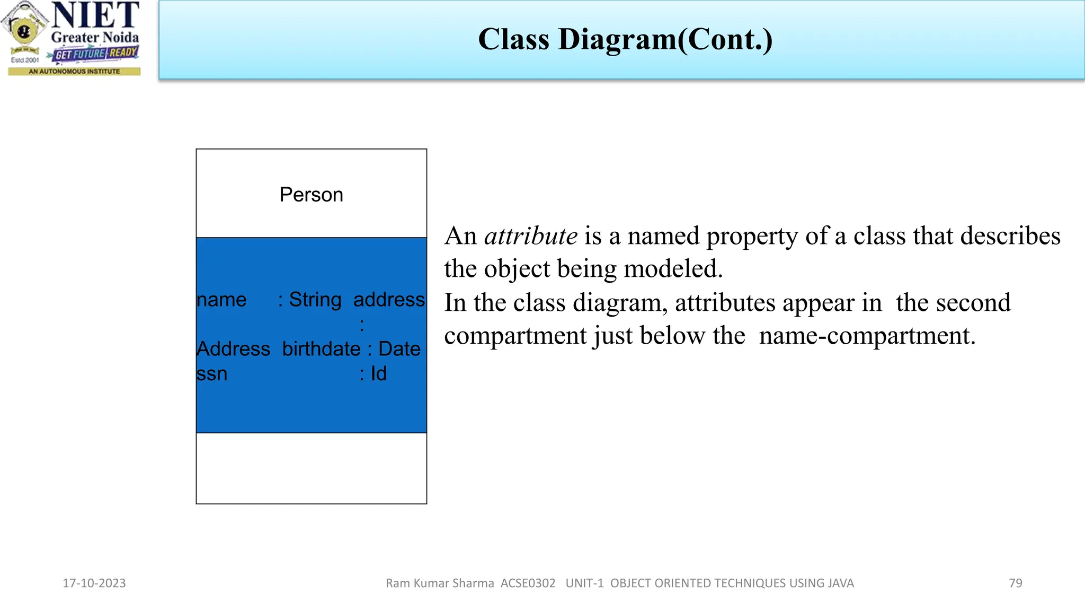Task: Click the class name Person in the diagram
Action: tap(311, 195)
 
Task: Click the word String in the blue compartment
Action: tap(315, 300)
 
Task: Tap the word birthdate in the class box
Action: tap(321, 349)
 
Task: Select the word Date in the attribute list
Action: tap(399, 349)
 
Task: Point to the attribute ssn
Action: tap(211, 374)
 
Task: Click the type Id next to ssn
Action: tap(378, 374)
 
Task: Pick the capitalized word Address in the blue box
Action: tap(233, 349)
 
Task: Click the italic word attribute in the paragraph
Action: tap(530, 236)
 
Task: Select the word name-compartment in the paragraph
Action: tap(867, 336)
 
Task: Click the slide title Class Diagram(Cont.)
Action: tap(625, 39)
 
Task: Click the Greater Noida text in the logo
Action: tap(95, 38)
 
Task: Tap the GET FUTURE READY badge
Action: tap(96, 54)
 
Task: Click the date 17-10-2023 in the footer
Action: tap(94, 583)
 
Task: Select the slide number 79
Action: tap(1015, 583)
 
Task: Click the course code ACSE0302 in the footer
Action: tap(528, 583)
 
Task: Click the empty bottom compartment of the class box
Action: tap(311, 468)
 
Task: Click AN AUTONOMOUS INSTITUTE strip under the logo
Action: tap(74, 71)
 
